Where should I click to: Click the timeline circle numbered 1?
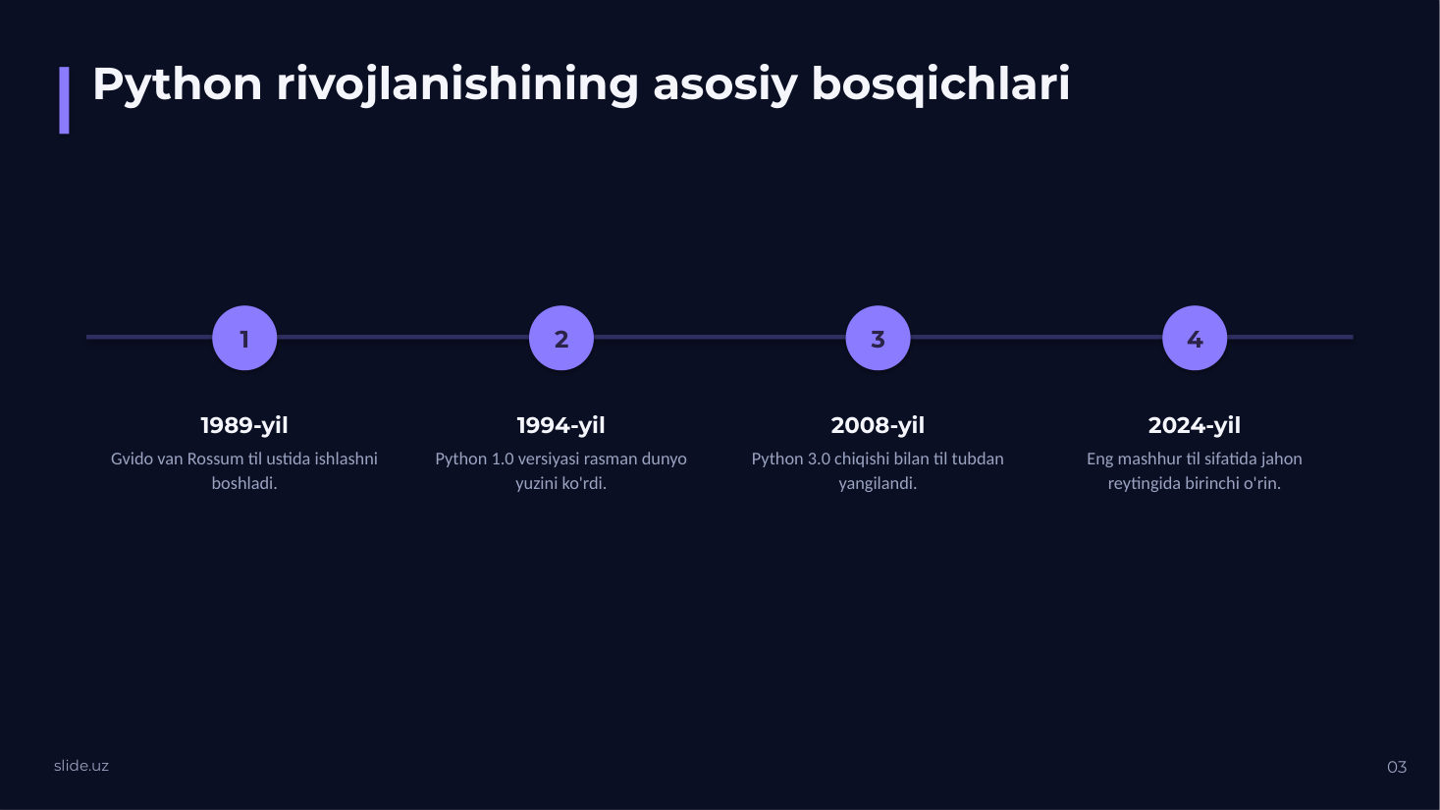coord(244,338)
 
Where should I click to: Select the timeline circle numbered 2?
coord(561,338)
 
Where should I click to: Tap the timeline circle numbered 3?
coord(879,338)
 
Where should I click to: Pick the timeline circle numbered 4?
coord(1195,338)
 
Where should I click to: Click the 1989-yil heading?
coord(244,425)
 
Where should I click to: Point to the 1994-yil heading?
coord(561,425)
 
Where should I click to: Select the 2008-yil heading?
coord(879,425)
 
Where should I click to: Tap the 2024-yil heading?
coord(1195,425)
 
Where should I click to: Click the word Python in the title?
coord(178,84)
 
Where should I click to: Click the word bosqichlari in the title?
coord(940,84)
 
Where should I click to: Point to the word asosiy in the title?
coord(725,85)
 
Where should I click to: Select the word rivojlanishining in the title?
coord(457,84)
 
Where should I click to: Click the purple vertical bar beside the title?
coord(64,100)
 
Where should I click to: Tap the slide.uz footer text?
coord(81,766)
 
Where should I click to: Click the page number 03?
coord(1397,767)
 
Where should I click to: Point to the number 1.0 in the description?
coord(502,459)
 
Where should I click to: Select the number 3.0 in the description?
coord(819,459)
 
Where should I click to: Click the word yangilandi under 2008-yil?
coord(878,484)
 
